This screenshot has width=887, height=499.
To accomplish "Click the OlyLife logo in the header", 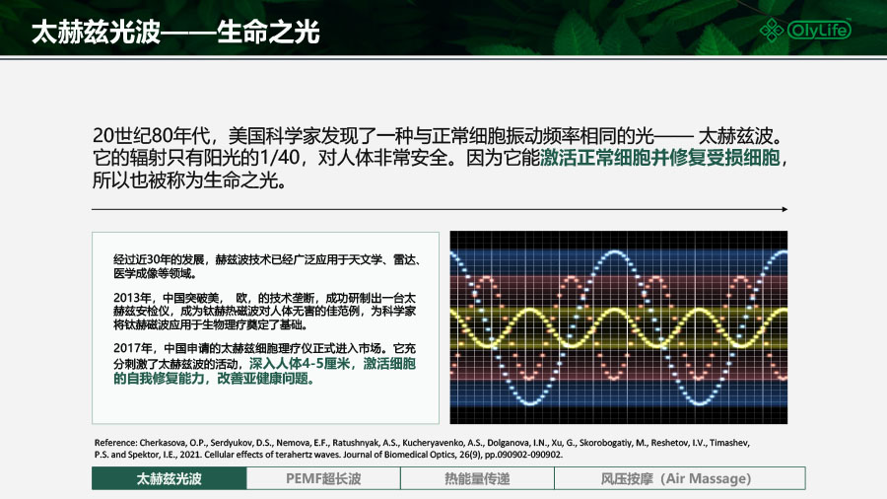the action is click(x=805, y=30).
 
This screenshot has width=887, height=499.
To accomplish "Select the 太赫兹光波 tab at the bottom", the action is click(x=170, y=478).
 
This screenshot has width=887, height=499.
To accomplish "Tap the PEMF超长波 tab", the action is click(x=323, y=478).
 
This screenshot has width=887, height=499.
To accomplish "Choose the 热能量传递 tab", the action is click(x=477, y=478).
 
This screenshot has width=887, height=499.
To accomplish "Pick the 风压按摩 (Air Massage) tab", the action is click(x=679, y=478).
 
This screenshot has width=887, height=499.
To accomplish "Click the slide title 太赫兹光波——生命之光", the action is click(x=175, y=32).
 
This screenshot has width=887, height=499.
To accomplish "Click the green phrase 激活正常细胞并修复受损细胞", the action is click(x=660, y=157).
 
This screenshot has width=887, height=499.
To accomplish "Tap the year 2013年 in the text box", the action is click(x=132, y=298).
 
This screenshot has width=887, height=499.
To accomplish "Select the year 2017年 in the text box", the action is click(x=133, y=348).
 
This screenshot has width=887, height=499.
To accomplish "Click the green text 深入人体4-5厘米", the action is click(x=300, y=363).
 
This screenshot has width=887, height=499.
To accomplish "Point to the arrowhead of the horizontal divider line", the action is click(x=785, y=209).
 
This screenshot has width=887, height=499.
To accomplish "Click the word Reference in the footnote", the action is click(x=115, y=443).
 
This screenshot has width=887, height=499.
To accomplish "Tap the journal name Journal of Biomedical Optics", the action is click(x=398, y=455).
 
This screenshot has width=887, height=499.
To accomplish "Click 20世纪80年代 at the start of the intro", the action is click(x=151, y=136).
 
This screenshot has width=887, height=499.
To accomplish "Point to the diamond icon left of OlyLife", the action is click(x=772, y=30).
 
